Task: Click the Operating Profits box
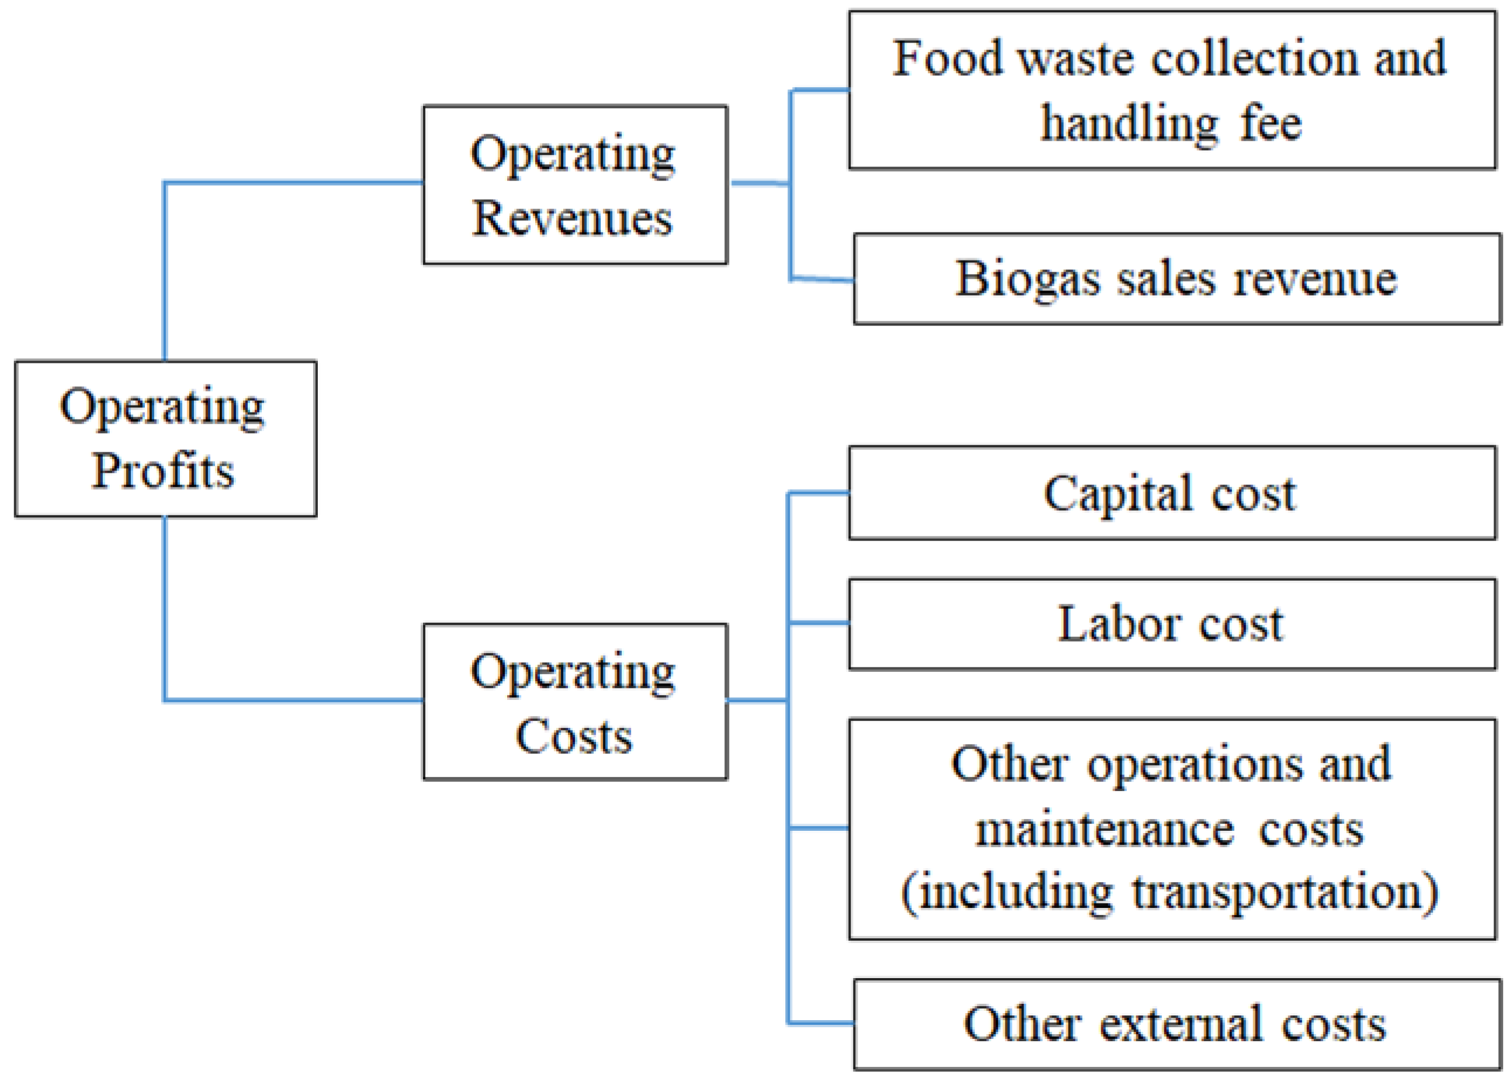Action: [x=165, y=439]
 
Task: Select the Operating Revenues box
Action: [x=575, y=185]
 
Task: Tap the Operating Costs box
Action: [x=575, y=702]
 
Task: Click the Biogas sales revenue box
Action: [x=1176, y=279]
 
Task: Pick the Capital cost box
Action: [x=1171, y=494]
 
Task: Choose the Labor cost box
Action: [x=1171, y=624]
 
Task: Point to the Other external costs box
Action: [x=1176, y=1024]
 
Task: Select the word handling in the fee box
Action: [x=1129, y=124]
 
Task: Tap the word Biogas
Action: [x=1027, y=279]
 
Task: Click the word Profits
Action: [x=164, y=471]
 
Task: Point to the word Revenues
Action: [x=573, y=218]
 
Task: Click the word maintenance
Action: [x=1104, y=830]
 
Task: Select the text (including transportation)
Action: [x=1170, y=893]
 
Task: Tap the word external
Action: [x=1180, y=1024]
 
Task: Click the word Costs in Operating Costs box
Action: [x=574, y=736]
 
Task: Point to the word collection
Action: [x=1254, y=58]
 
